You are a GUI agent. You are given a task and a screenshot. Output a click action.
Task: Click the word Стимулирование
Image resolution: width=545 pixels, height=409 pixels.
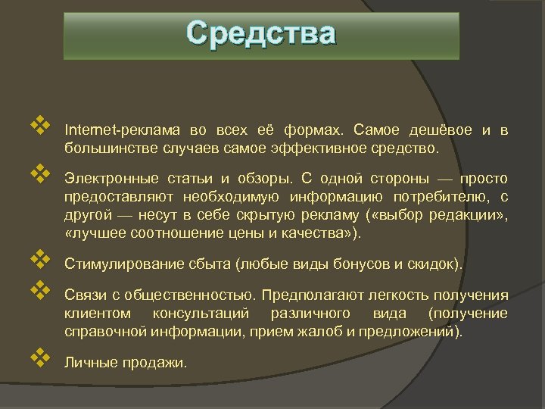pos(114,265)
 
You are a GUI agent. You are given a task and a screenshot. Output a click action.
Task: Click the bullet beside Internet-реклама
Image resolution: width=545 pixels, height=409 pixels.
pos(40,123)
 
